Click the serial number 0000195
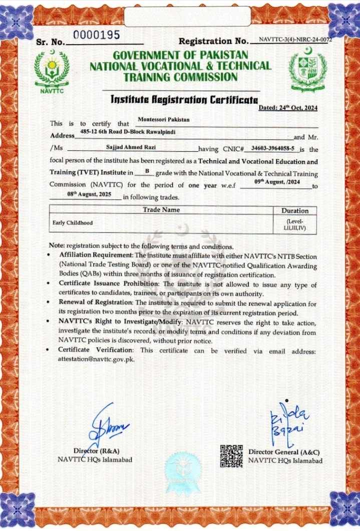(97, 35)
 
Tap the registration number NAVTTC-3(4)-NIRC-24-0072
(295, 39)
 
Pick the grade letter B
(147, 171)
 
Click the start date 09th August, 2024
(279, 183)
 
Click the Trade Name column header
(161, 210)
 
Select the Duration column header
(295, 211)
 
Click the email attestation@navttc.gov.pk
(96, 359)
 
